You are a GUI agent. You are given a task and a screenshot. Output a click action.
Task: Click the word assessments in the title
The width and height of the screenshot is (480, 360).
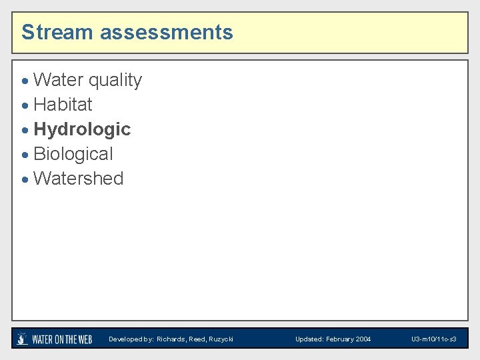(167, 32)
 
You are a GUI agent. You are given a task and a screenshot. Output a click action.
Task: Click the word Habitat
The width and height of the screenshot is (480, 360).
(63, 105)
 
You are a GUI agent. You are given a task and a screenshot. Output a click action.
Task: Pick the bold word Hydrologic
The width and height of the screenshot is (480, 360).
(82, 129)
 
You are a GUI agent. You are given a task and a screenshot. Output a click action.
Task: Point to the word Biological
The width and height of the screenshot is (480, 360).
(73, 154)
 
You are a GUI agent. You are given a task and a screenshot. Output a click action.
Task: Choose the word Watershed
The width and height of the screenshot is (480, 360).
(78, 179)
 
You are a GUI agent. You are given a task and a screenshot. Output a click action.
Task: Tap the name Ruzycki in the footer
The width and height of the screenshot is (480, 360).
(221, 339)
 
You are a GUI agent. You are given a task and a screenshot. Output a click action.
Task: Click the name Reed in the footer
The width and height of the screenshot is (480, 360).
(197, 339)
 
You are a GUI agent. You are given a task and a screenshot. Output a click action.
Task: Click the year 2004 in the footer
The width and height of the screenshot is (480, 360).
(363, 339)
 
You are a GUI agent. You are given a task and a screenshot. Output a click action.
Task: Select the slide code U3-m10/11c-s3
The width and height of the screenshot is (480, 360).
(433, 339)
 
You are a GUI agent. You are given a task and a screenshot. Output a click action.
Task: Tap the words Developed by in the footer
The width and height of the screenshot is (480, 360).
(131, 339)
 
